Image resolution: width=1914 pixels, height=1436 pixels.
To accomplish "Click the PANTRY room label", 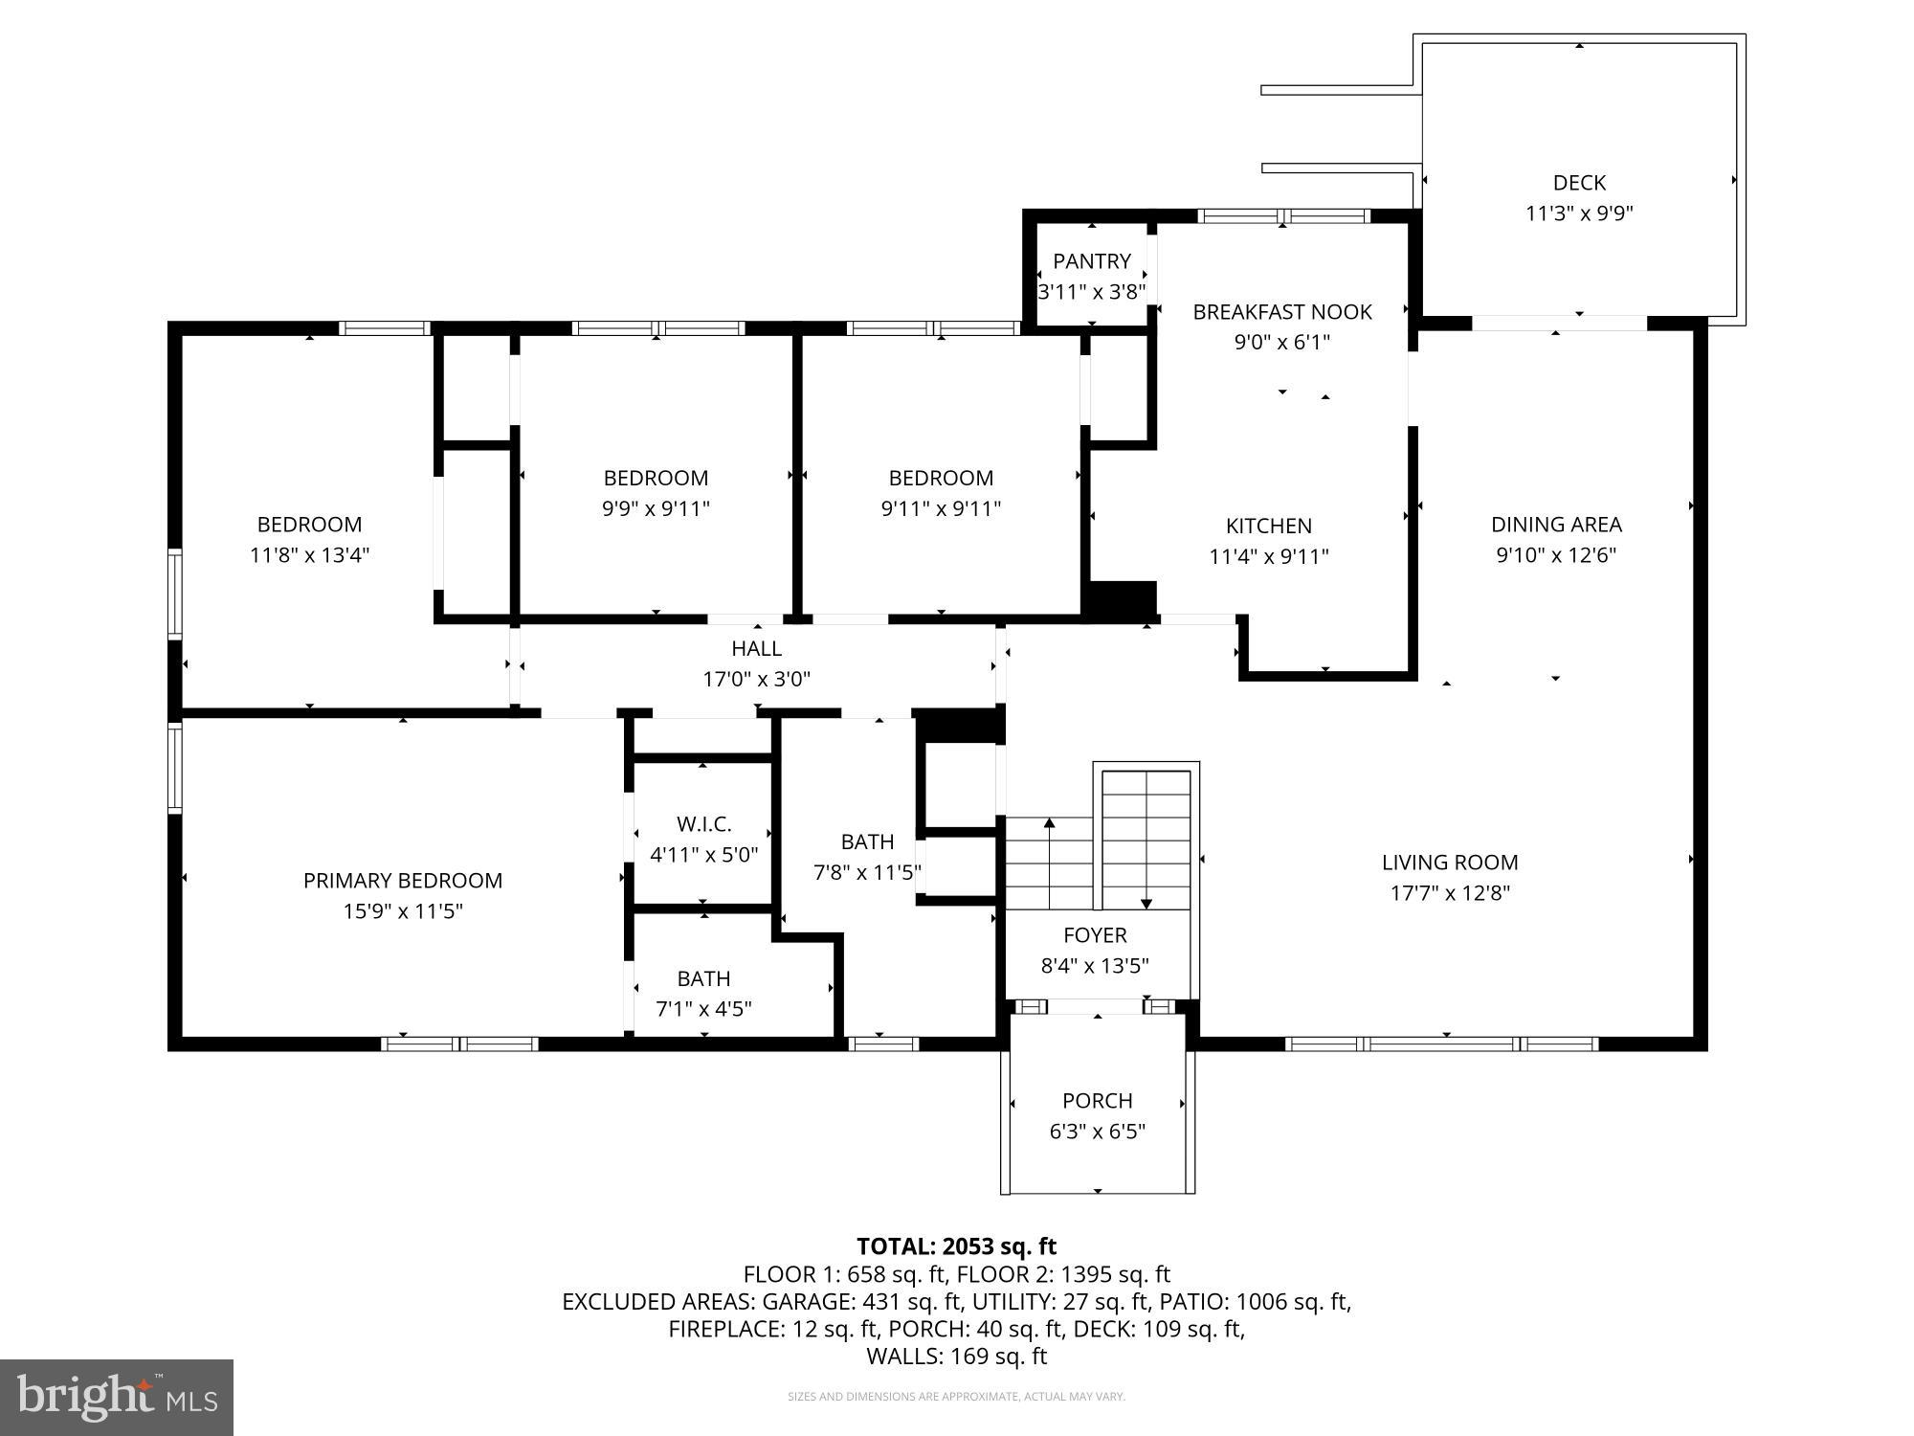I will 1092,261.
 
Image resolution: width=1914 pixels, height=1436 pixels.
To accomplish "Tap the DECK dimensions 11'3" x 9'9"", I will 1579,213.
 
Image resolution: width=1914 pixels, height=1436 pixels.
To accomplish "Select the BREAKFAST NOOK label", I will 1282,311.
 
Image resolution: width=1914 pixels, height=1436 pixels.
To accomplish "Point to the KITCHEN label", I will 1269,526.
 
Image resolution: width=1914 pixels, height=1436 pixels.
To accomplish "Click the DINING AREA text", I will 1556,525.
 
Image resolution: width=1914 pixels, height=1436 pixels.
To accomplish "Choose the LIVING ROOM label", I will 1450,862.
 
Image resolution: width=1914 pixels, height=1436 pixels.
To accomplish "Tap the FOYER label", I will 1095,934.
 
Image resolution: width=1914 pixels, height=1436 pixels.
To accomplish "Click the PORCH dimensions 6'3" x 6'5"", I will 1098,1131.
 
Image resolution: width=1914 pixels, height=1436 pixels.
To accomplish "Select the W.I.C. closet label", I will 704,824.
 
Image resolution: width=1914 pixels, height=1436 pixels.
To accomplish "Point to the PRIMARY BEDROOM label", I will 403,880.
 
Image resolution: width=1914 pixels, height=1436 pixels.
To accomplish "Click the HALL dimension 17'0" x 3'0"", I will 757,679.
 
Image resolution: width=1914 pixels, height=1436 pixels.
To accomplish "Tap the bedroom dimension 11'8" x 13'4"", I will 310,554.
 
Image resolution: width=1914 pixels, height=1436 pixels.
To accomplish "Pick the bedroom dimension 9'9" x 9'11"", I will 657,508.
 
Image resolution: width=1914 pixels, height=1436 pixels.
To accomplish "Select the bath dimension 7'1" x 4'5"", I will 703,1008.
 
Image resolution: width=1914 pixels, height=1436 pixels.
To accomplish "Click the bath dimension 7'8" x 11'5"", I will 867,872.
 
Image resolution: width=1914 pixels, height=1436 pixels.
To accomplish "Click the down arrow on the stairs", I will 1146,903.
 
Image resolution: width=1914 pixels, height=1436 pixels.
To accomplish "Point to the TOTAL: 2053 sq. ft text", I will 956,1245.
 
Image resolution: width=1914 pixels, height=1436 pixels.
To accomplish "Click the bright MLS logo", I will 117,1397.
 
